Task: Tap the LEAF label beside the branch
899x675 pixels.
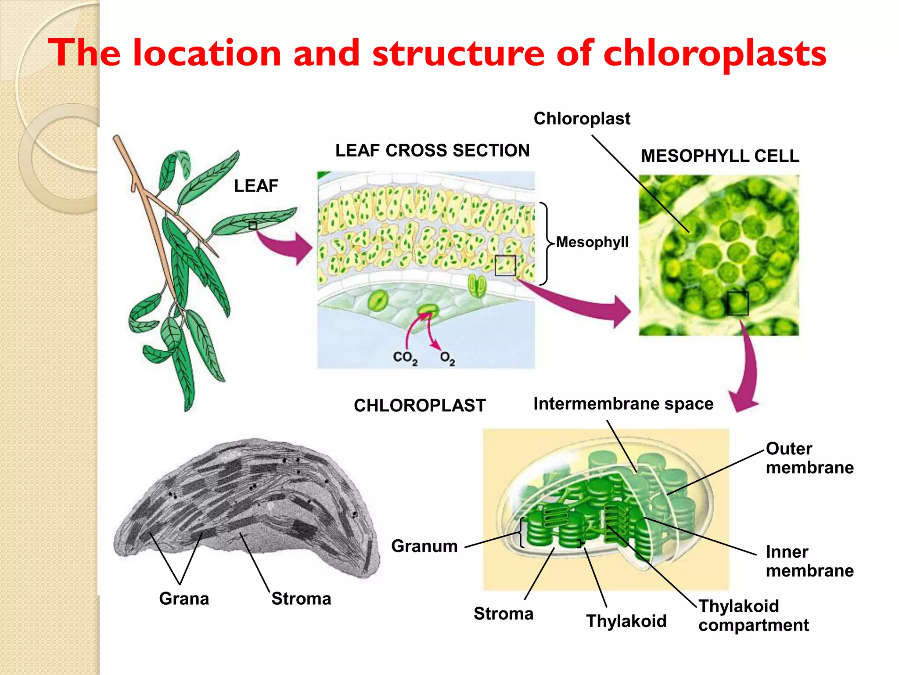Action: pos(256,186)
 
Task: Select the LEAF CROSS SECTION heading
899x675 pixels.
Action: pos(432,150)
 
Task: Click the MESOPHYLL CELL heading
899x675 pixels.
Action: pos(720,156)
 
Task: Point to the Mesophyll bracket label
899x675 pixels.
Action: pos(592,242)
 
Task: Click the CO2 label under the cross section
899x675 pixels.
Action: pos(405,358)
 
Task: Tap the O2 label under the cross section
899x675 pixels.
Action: pos(447,358)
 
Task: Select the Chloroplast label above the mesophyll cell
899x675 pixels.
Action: pos(582,119)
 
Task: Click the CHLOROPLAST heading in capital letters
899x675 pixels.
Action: pos(420,405)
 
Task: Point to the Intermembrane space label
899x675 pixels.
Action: pos(623,403)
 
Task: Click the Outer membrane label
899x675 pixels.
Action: pos(809,458)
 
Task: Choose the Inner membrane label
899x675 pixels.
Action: pos(809,561)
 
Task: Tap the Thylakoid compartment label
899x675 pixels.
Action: pos(753,615)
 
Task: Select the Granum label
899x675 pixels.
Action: pos(424,546)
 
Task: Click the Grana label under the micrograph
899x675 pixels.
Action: pos(184,599)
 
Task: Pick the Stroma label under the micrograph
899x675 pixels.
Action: pos(301,599)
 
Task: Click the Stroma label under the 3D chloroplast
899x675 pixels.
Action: pos(503,613)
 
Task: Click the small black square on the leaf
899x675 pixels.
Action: pos(252,225)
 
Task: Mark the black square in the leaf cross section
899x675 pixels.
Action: pos(505,265)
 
